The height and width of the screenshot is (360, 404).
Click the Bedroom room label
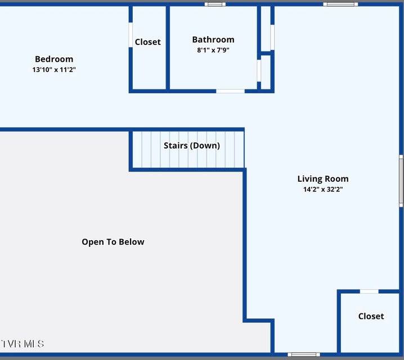[x=54, y=59]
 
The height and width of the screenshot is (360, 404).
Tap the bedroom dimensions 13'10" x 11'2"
[x=54, y=70]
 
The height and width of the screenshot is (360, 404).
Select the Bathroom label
[x=213, y=40]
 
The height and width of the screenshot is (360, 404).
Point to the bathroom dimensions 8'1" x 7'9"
[x=213, y=50]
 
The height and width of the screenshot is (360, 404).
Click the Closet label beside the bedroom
[x=147, y=42]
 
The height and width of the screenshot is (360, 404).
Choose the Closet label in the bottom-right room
[x=371, y=316]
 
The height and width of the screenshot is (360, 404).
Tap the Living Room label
[x=323, y=179]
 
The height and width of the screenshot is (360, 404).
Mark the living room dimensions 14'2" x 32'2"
[x=323, y=190]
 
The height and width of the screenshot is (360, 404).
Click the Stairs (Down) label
[x=192, y=146]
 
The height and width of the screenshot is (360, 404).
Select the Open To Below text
[x=113, y=242]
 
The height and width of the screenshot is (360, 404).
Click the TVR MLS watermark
[x=23, y=344]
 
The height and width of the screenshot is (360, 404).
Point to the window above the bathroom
[x=215, y=4]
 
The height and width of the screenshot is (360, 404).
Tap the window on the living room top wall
[x=340, y=4]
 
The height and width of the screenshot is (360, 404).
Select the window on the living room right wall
[x=401, y=181]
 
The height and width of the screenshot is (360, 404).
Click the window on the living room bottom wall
[x=304, y=354]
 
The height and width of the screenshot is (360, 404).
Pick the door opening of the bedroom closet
[x=131, y=35]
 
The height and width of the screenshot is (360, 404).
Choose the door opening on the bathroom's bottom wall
[x=230, y=91]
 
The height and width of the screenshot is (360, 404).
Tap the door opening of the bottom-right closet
[x=369, y=291]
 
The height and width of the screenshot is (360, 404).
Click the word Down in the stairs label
[x=205, y=146]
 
